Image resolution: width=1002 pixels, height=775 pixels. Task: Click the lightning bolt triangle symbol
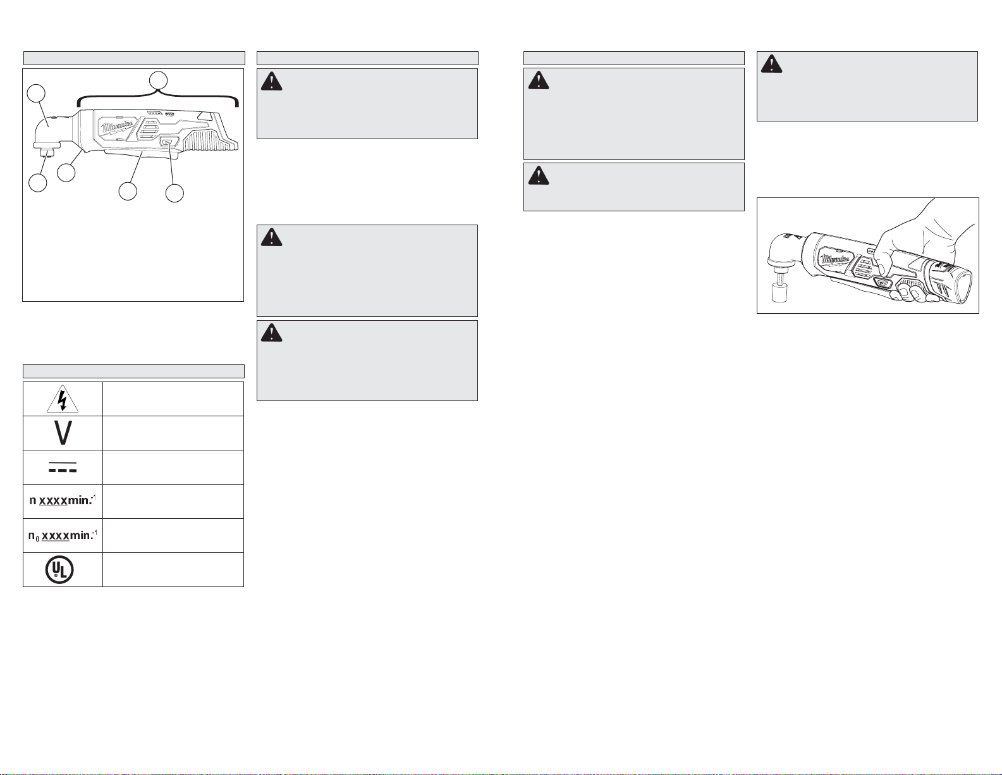point(62,399)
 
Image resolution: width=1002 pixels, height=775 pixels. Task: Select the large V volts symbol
point(62,433)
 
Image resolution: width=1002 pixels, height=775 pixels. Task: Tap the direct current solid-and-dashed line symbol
point(62,468)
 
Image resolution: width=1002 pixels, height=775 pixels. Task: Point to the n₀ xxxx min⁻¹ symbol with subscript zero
point(62,536)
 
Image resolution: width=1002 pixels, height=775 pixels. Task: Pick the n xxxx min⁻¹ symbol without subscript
point(62,502)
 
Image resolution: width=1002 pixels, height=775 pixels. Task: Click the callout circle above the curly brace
point(158,80)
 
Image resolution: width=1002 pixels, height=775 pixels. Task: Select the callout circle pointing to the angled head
point(37,94)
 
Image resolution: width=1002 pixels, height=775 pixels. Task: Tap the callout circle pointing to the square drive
point(38,183)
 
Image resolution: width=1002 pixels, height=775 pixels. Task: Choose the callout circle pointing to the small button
point(174,192)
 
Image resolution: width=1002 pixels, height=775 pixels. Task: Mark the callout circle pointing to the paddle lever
point(128,191)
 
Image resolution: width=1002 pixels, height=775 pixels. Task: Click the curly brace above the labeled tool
point(158,97)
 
